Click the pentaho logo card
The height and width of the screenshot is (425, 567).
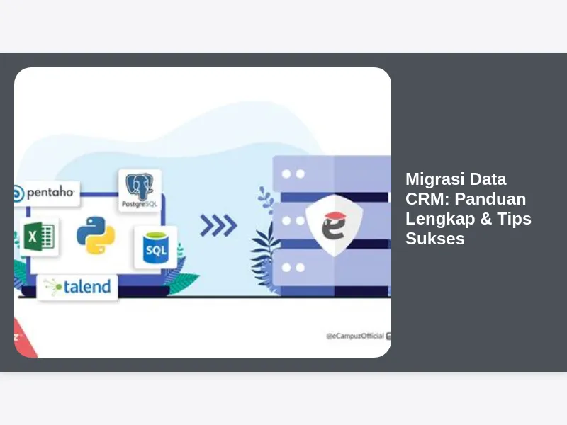coord(47,193)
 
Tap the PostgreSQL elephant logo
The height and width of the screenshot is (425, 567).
coord(139,186)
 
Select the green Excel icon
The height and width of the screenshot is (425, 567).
coord(39,237)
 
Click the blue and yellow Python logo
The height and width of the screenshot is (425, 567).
coord(96,235)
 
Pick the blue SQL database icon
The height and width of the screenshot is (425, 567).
coord(155,248)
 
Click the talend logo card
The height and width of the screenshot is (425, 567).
coord(77,287)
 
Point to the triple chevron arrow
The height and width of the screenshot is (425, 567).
coord(218,225)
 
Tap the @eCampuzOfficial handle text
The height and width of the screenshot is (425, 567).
coord(355,336)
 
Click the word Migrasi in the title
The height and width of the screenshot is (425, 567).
coord(430,180)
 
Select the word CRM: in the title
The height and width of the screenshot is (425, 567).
coord(427,199)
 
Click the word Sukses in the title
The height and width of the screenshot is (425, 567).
coord(435,239)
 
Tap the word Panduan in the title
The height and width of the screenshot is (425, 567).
coord(490,199)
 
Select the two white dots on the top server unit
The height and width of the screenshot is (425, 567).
coord(293,174)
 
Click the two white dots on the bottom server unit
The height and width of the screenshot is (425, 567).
coord(293,268)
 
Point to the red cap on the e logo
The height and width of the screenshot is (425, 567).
coord(335,216)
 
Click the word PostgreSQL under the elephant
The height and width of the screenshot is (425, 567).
coord(140,205)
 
